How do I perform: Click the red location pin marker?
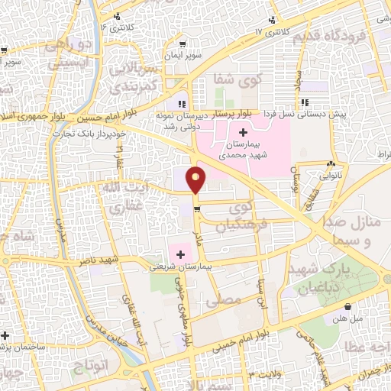[196, 179]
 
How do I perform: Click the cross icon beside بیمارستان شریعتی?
[181, 254]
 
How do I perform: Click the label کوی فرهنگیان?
[234, 216]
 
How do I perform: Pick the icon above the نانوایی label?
[331, 163]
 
